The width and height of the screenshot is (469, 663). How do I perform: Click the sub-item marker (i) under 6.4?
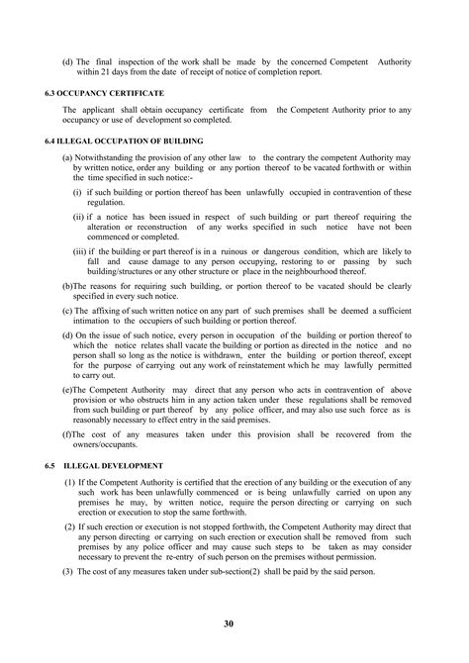[x=77, y=191]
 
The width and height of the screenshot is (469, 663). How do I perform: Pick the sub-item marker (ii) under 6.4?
[x=79, y=215]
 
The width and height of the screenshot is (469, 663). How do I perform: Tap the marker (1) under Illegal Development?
[x=70, y=482]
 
